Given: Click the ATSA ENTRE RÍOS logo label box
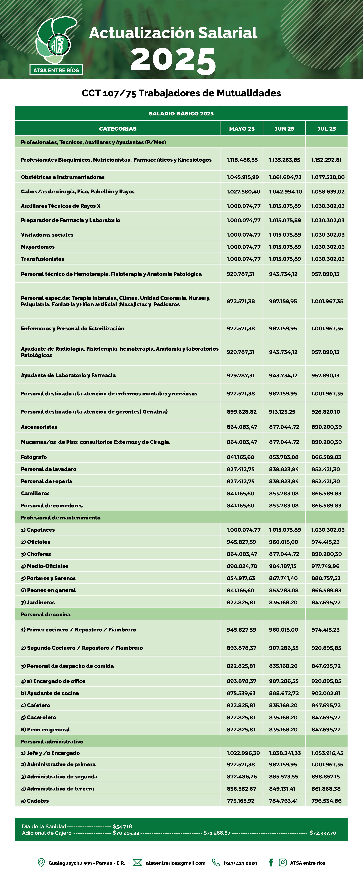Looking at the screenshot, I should [x=56, y=70].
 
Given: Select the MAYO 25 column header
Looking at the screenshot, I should [x=242, y=129].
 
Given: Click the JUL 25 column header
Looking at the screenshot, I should [x=326, y=129].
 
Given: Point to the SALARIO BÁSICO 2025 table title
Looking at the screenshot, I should [x=181, y=113].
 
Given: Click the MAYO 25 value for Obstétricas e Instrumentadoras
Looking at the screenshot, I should [x=243, y=177].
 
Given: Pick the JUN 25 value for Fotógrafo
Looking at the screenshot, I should [x=284, y=457].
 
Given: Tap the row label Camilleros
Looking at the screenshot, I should [x=35, y=493].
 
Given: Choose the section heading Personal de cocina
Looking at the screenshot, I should [x=46, y=614].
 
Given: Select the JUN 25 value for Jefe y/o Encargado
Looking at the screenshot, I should [x=285, y=753].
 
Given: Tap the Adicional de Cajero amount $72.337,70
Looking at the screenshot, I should [x=322, y=833].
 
